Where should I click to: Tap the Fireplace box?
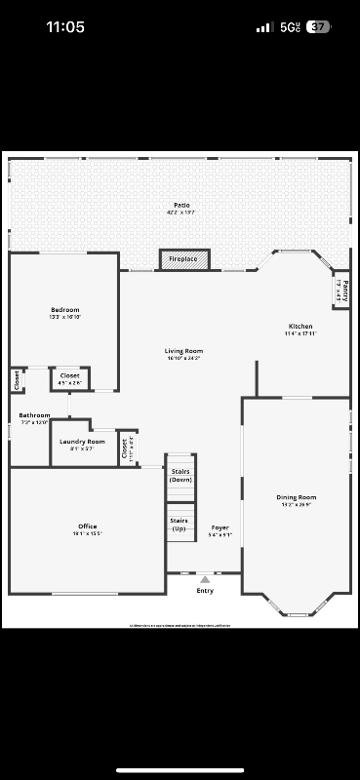tap(183, 259)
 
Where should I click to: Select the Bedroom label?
tap(65, 310)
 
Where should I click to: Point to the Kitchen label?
tap(300, 327)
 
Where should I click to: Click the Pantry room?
tap(341, 290)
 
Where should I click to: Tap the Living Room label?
tap(183, 351)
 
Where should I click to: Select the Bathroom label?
tap(34, 415)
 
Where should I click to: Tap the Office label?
tap(87, 526)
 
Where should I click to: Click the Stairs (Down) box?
tap(180, 476)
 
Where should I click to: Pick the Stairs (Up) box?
tap(180, 524)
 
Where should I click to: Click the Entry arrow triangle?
tap(205, 579)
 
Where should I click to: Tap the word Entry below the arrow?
tap(205, 591)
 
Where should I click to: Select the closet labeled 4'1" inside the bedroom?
tap(70, 376)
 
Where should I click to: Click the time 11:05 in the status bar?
tap(65, 27)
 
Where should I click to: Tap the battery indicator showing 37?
tap(318, 27)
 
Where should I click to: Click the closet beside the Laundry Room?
tap(127, 448)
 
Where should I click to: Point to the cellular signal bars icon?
tap(264, 27)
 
